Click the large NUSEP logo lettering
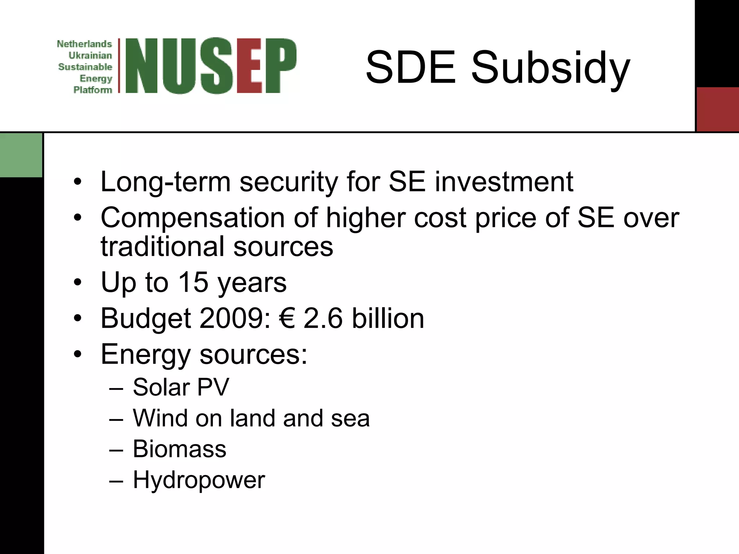(210, 66)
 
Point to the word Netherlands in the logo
(84, 44)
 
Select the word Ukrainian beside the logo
(90, 56)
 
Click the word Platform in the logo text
(93, 90)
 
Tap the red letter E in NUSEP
(250, 66)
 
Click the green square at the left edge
(21, 155)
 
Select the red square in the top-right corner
(717, 109)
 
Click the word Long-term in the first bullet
(165, 182)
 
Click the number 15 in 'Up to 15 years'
(193, 282)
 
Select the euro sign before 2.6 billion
(287, 318)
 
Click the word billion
(388, 318)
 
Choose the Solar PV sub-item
(181, 387)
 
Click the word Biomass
(179, 449)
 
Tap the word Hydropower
(199, 480)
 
